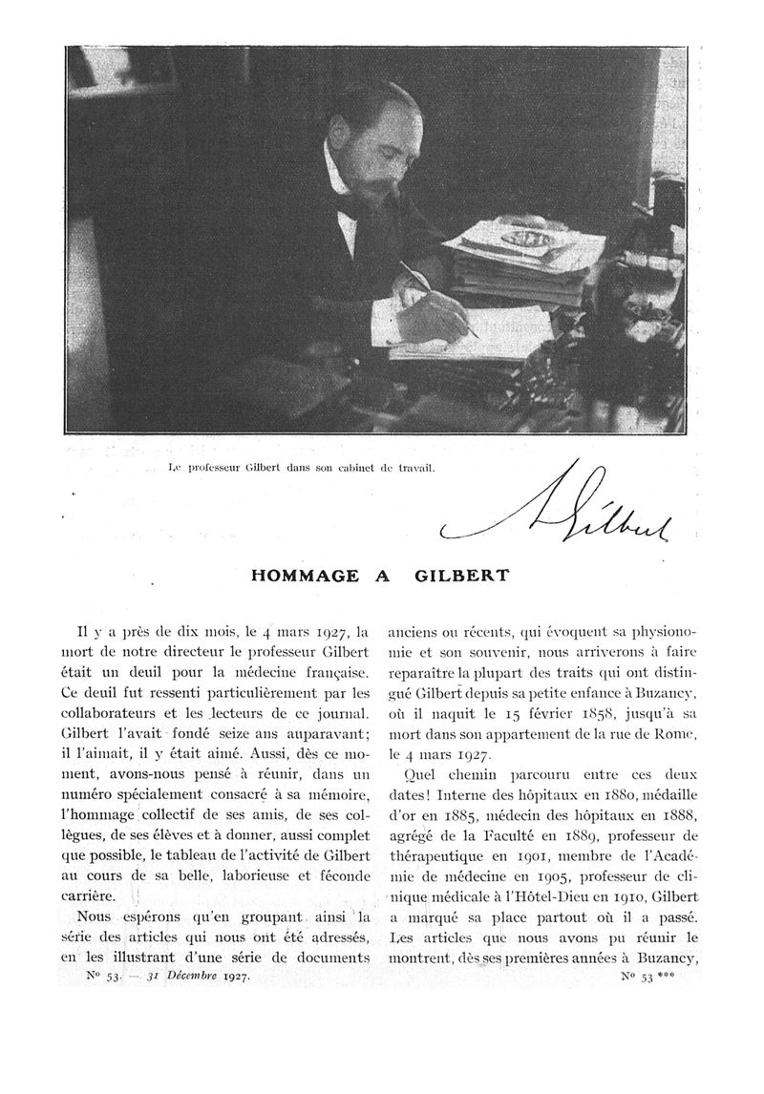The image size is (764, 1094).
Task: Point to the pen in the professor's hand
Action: pos(438,299)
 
